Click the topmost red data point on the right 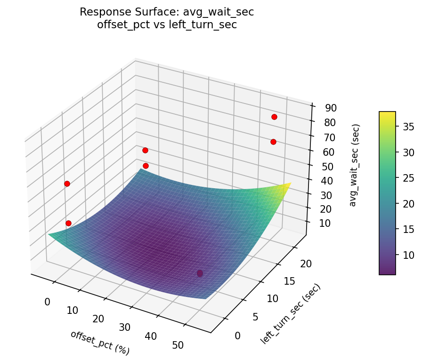point(274,117)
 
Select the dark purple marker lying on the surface point(200,273)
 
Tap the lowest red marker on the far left point(68,223)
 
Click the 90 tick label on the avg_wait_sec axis point(331,108)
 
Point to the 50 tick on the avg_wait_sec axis point(331,166)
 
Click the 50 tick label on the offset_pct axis point(178,345)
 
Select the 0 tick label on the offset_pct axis point(47,302)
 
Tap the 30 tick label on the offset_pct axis point(125,328)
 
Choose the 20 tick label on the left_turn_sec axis point(306,264)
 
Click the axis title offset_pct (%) point(100,342)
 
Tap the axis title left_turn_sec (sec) point(290,313)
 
